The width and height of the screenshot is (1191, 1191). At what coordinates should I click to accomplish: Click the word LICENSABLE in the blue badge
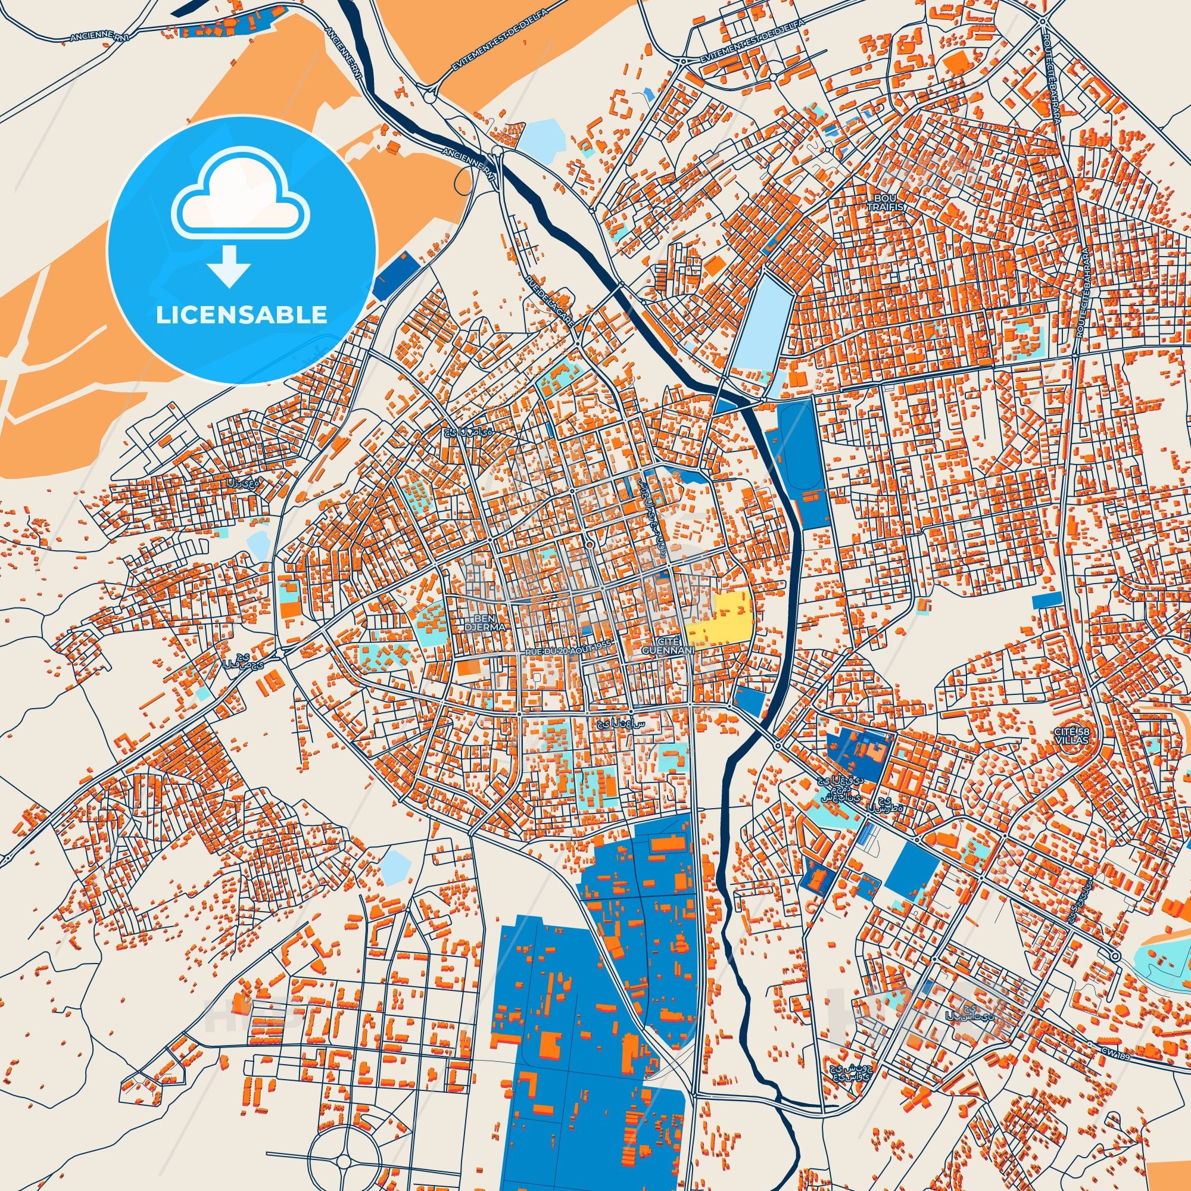(241, 314)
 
